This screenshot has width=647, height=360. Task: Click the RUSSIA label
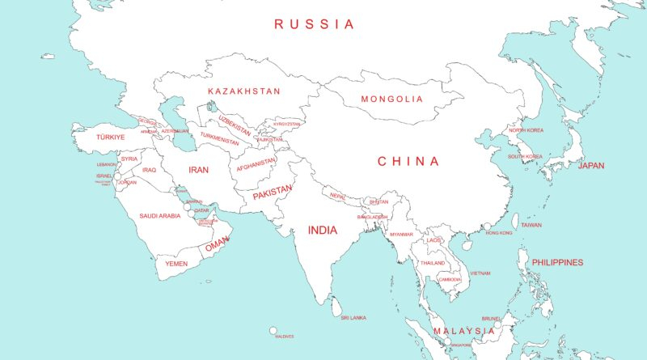(314, 24)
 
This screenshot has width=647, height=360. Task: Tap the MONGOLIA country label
(392, 100)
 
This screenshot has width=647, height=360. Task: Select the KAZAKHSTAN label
(244, 91)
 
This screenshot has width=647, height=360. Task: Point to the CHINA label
(409, 162)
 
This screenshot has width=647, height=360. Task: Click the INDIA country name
(322, 231)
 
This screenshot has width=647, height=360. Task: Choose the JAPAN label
(591, 166)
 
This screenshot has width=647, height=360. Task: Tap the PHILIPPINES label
(557, 263)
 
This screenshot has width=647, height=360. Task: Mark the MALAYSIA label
(463, 332)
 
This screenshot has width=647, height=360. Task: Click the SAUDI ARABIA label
(160, 216)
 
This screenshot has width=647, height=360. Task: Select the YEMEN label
(176, 264)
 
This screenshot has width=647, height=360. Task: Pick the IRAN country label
(199, 170)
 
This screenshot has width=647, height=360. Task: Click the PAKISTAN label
(272, 194)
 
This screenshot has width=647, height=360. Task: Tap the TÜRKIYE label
(110, 138)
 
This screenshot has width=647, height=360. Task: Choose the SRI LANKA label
(353, 318)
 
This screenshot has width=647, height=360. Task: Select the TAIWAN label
(531, 225)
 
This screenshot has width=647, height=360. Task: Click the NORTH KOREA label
(526, 130)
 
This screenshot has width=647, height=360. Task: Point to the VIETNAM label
(480, 273)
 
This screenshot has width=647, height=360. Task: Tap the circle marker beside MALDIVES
(273, 330)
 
